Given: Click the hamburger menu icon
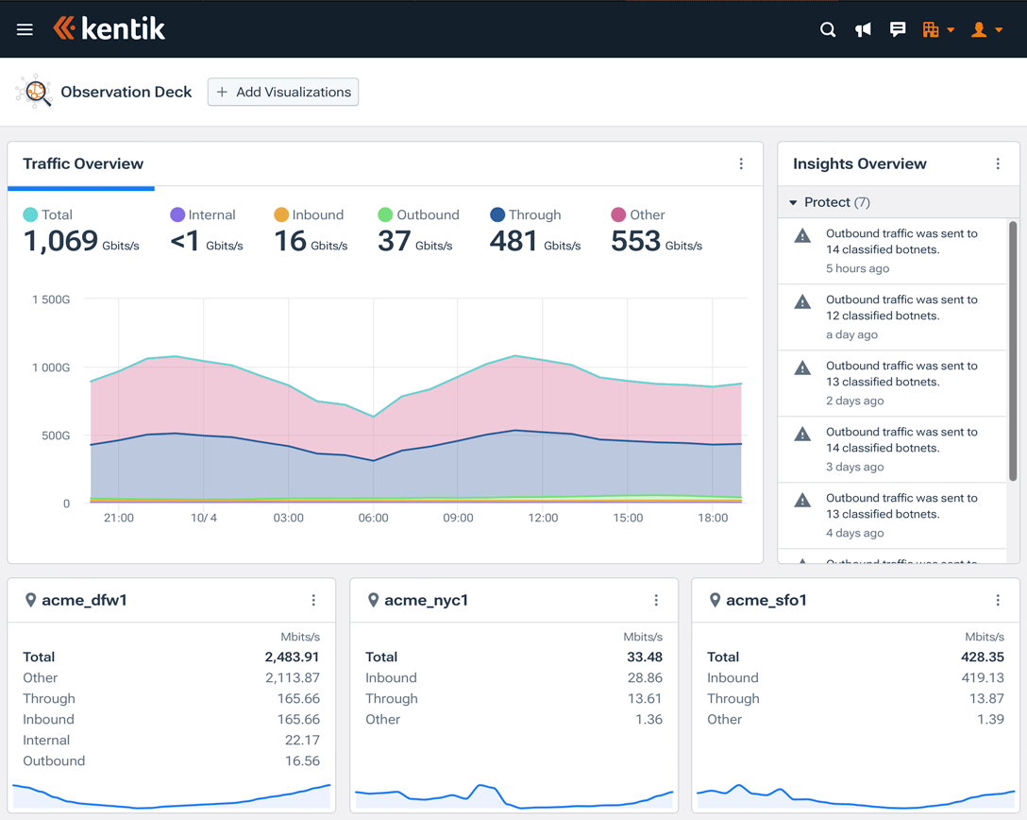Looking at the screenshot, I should (x=25, y=29).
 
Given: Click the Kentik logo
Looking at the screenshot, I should (x=109, y=29).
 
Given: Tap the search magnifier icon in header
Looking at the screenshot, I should (x=828, y=29).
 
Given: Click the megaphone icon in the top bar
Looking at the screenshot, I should (x=863, y=29).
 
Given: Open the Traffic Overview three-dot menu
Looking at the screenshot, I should (x=741, y=163).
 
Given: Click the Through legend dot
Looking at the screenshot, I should (x=497, y=214).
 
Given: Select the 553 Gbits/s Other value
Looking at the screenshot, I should (x=636, y=241).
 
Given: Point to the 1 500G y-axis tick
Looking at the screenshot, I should (x=51, y=299).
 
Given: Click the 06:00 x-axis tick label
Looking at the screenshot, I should (x=373, y=518).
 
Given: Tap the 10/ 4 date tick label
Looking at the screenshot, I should (x=204, y=518).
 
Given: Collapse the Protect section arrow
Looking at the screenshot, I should (x=793, y=202).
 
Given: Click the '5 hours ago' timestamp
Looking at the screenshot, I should (x=857, y=268).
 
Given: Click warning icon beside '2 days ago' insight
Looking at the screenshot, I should (x=802, y=367).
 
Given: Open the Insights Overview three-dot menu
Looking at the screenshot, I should (x=998, y=163).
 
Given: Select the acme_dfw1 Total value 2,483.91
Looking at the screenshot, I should (x=292, y=657).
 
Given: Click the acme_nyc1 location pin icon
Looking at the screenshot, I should (x=373, y=600).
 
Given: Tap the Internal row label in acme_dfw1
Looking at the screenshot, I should (x=46, y=740).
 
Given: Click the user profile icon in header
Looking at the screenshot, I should (x=980, y=29).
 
